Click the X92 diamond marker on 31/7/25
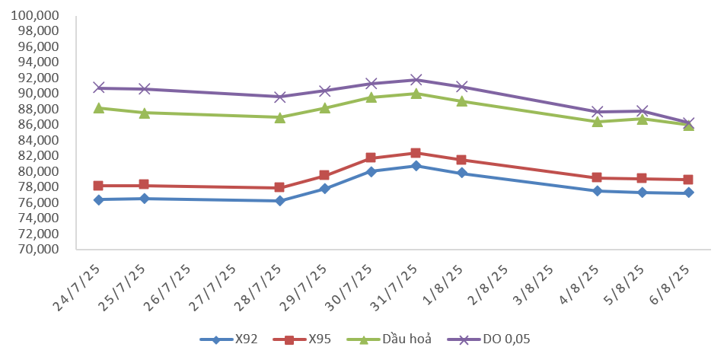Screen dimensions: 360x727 click(x=416, y=166)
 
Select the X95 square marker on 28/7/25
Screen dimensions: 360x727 click(x=279, y=187)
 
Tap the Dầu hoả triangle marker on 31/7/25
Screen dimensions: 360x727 click(x=416, y=94)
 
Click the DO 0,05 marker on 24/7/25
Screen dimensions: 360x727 click(x=98, y=88)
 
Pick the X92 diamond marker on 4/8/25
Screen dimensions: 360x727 click(x=598, y=191)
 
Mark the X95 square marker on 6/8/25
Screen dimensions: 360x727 click(x=688, y=180)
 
